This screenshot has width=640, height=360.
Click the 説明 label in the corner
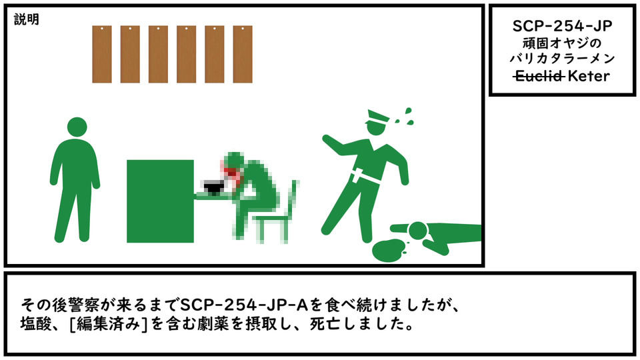pos(27,19)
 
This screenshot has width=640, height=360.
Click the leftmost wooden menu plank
pos(102,54)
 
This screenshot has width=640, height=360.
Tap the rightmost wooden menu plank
pos(243,54)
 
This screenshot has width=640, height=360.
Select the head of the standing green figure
pos(77,127)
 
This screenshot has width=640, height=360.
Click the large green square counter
pos(161,201)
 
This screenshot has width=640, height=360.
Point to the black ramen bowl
pos(213,188)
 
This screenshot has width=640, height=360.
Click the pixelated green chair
pos(277,214)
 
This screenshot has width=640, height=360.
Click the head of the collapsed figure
pos(417,231)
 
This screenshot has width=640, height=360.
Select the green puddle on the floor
pos(388,251)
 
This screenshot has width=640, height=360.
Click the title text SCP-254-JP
pos(563,26)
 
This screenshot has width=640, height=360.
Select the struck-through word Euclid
pos(539,76)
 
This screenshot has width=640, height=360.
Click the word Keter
pos(589,76)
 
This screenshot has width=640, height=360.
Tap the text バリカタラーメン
pos(563,59)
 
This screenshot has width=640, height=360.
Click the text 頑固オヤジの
pos(563,43)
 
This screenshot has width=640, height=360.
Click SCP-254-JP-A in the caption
pos(244,305)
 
